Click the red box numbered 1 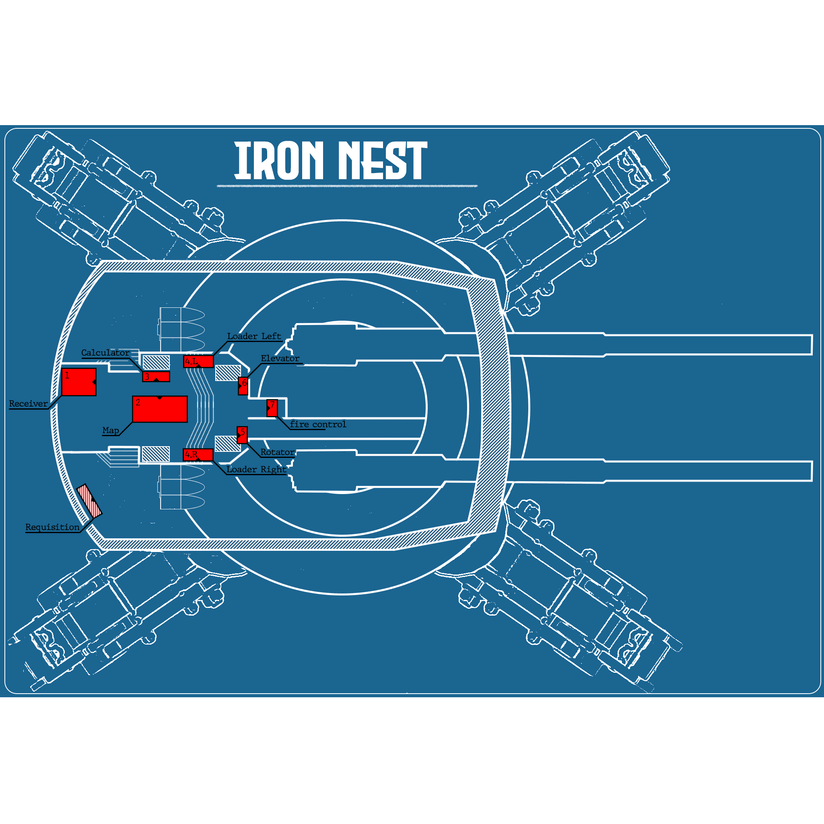click(x=79, y=382)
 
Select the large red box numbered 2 click(x=160, y=409)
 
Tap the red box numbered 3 click(x=156, y=377)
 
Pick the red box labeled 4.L click(x=198, y=361)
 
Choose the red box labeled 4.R click(x=198, y=455)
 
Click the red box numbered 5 click(x=242, y=435)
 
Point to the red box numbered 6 click(x=243, y=386)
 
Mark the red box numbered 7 click(x=272, y=408)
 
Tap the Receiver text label click(x=29, y=404)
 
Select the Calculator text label click(x=105, y=353)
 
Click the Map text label click(x=111, y=431)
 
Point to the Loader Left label click(x=254, y=336)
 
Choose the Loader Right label click(x=256, y=469)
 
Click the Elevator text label click(x=280, y=358)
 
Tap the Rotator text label click(x=278, y=452)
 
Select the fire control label click(x=318, y=424)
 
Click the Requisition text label click(x=52, y=527)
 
